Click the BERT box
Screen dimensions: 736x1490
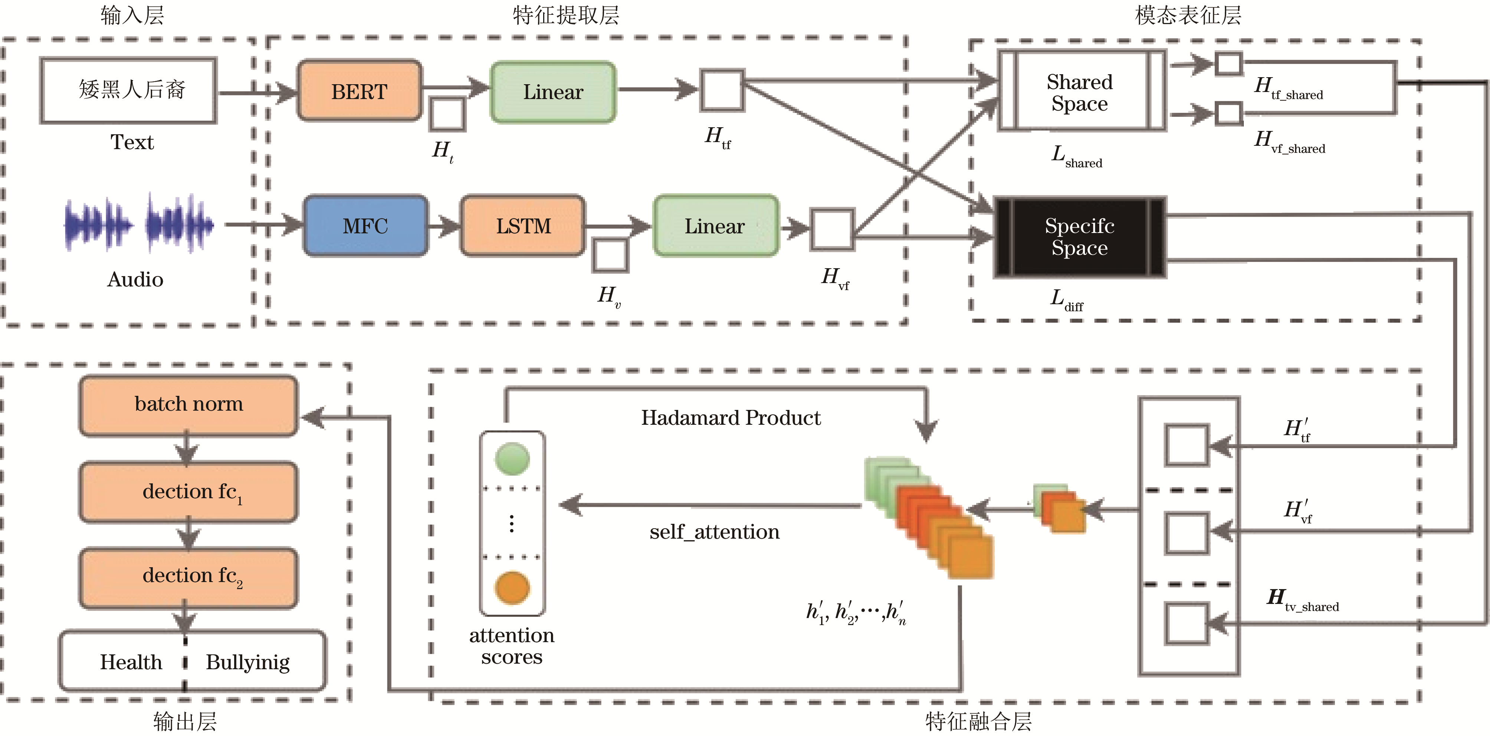pos(359,91)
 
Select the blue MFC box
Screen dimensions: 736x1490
pos(365,226)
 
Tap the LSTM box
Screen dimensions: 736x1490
pos(523,226)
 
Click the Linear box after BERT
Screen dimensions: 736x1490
pos(553,92)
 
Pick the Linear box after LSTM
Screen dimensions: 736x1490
pos(715,226)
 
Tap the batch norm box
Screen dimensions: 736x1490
pos(188,404)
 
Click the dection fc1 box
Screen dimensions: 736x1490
pos(188,492)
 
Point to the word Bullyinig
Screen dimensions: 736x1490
pos(247,662)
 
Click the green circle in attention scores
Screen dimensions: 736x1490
pos(512,459)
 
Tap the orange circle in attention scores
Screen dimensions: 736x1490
pos(512,587)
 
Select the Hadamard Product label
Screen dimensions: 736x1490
pos(731,417)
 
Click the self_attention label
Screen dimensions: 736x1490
pos(714,531)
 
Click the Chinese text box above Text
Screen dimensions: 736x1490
pos(128,90)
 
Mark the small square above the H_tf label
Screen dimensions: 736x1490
pos(722,90)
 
